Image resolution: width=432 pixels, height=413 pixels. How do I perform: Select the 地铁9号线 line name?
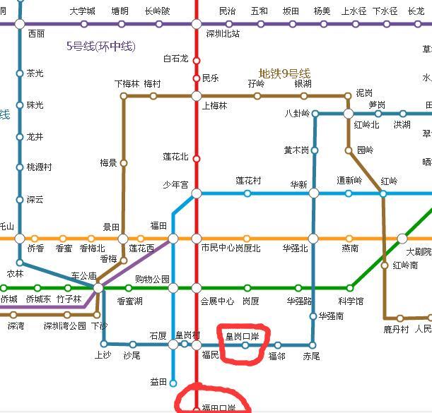tap(284, 73)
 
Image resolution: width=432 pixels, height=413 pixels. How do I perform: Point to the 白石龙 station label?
tap(176, 59)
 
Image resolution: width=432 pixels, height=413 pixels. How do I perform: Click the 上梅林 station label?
tap(215, 106)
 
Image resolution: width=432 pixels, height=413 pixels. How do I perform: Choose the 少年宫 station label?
tap(175, 185)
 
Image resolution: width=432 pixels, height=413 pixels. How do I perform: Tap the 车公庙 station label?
tap(83, 276)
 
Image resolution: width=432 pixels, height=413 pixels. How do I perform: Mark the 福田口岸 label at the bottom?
tap(218, 408)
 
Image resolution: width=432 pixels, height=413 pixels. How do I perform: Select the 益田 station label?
tap(158, 382)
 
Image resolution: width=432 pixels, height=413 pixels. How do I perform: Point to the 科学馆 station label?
tap(350, 301)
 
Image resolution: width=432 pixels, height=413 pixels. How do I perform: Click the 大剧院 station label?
tap(419, 252)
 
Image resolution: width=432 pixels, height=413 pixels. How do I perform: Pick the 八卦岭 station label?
tap(297, 113)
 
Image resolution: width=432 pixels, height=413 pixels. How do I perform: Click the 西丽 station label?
tap(36, 34)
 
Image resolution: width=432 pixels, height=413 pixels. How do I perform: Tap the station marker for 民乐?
tap(197, 78)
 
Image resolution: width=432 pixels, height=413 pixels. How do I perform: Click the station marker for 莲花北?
tap(197, 159)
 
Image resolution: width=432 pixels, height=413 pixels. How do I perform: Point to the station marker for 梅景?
tap(124, 163)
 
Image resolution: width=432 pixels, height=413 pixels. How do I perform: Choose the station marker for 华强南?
tap(313, 316)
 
